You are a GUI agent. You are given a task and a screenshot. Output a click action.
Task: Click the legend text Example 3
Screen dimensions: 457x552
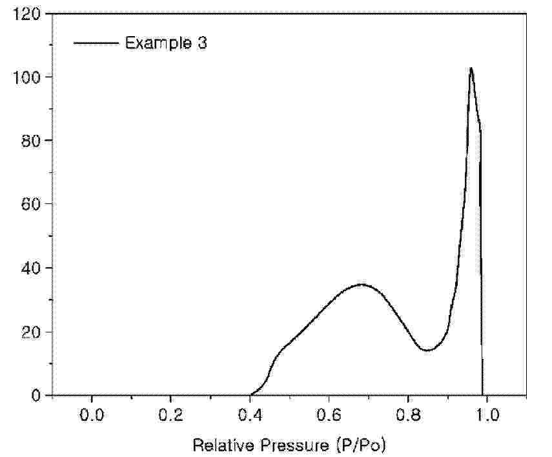tap(166, 43)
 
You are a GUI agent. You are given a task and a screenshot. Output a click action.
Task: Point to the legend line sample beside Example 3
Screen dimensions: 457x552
tap(96, 43)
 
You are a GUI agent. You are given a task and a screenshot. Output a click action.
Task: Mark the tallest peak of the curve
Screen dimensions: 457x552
tap(471, 68)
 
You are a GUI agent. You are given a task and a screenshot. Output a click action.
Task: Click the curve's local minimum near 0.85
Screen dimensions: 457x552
tap(427, 350)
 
